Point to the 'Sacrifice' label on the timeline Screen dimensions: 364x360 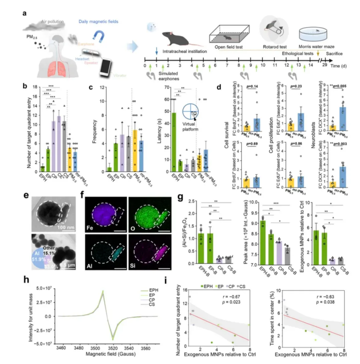334,53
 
